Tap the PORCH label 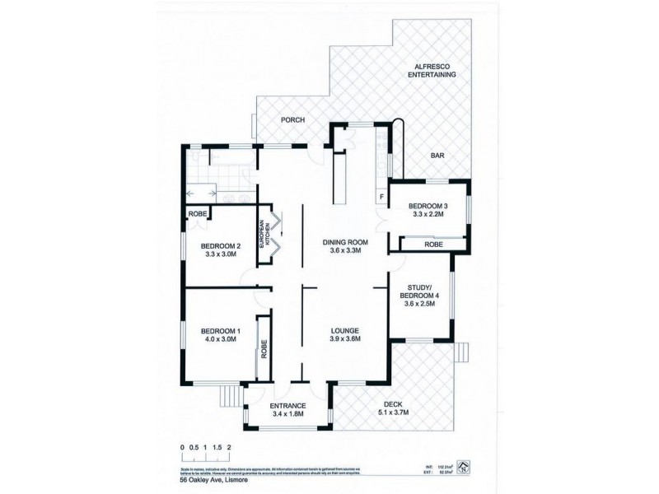tap(292, 120)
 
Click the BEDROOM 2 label tap(221, 245)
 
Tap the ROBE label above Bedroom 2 tap(198, 213)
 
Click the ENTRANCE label tap(287, 406)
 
